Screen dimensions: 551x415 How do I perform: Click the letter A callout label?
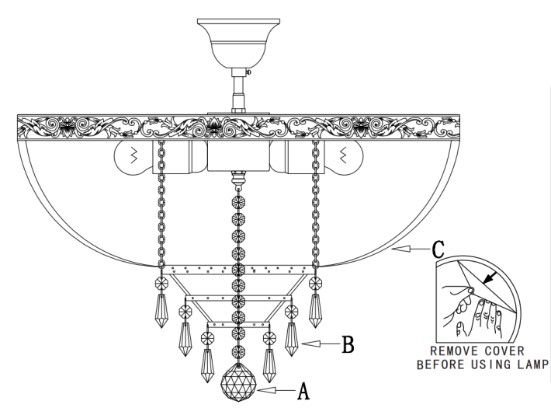303,391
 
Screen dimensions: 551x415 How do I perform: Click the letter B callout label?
348,344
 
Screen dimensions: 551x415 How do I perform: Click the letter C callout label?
438,249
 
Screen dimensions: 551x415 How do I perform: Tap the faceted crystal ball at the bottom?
238,382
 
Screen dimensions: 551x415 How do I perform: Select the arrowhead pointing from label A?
265,390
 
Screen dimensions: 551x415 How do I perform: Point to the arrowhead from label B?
310,344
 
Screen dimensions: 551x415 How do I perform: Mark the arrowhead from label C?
401,249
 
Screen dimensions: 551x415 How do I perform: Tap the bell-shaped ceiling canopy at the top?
238,43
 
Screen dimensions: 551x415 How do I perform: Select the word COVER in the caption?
504,351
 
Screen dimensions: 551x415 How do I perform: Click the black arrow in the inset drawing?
490,277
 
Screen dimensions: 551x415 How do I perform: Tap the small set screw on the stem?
249,71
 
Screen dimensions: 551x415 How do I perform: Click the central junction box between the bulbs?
238,156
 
